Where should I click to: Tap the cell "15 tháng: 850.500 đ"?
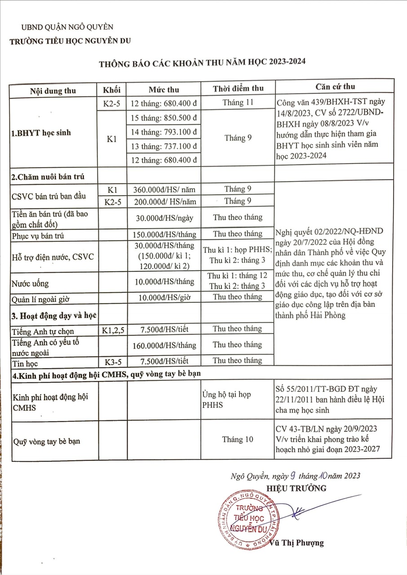[164, 118]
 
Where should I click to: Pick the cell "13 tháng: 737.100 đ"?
[164, 146]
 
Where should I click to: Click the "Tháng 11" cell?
[238, 102]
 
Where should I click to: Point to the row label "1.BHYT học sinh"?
[41, 133]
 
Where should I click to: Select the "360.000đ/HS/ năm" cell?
[164, 190]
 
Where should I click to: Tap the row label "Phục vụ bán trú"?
[37, 236]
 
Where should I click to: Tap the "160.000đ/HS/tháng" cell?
[164, 345]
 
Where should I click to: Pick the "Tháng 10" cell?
[238, 439]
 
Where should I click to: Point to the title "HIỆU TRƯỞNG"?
[296, 488]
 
